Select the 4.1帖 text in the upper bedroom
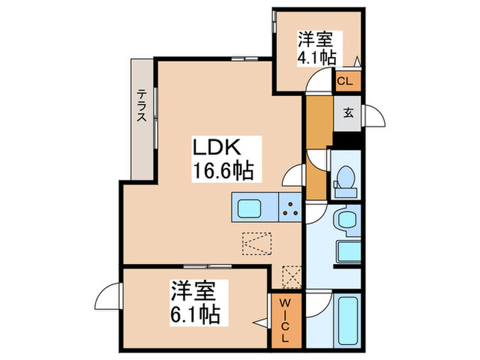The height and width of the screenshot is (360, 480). click(316, 58)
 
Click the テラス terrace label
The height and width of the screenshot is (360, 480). click(141, 106)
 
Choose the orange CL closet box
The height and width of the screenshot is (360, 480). click(346, 82)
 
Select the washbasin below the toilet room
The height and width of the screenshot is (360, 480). click(345, 221)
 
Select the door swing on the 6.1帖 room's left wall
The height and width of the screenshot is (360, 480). click(110, 296)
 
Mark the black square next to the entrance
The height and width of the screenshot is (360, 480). click(348, 138)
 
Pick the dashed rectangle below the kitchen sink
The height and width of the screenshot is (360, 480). click(257, 242)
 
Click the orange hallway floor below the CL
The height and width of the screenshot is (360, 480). click(317, 123)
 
